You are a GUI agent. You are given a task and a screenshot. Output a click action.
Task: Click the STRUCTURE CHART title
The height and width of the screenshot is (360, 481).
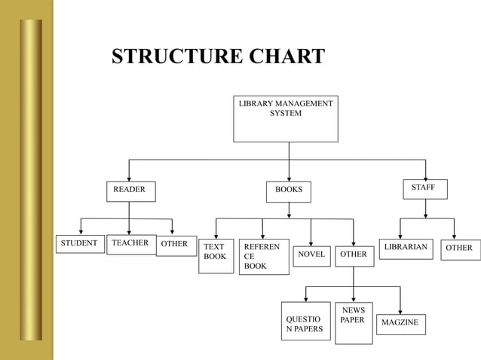218,57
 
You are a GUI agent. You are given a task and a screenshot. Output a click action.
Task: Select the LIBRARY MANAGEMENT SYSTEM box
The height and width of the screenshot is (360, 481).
285,118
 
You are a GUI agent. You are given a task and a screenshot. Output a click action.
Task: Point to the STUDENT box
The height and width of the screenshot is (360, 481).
79,244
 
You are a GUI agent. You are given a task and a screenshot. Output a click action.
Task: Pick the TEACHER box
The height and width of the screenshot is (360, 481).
130,244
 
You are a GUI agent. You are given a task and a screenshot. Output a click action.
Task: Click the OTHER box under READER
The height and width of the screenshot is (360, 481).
175,246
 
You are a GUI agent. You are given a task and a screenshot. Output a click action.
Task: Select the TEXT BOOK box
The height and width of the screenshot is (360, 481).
216,255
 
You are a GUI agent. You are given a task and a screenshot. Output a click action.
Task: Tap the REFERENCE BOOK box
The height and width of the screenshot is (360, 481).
263,257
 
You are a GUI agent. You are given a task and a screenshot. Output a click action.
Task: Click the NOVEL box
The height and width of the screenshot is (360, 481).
311,255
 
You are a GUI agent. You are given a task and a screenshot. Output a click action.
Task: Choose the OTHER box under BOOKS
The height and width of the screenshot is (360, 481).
354,255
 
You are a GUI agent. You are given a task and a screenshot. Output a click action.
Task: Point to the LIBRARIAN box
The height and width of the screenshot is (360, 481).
406,249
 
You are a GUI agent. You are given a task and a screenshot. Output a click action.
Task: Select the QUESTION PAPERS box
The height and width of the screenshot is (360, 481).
305,321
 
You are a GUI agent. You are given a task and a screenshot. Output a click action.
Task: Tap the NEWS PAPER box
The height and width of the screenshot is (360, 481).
354,322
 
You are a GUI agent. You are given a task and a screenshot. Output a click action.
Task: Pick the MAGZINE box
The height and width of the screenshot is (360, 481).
400,324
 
